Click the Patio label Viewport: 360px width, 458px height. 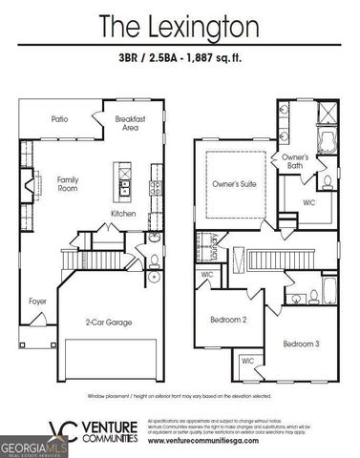click(x=59, y=119)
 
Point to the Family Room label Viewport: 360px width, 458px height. click(x=67, y=184)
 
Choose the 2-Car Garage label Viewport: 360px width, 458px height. click(x=107, y=322)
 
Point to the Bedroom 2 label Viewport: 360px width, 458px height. click(x=230, y=320)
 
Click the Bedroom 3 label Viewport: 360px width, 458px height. click(x=300, y=342)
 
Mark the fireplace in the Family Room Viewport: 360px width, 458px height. click(x=29, y=181)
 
